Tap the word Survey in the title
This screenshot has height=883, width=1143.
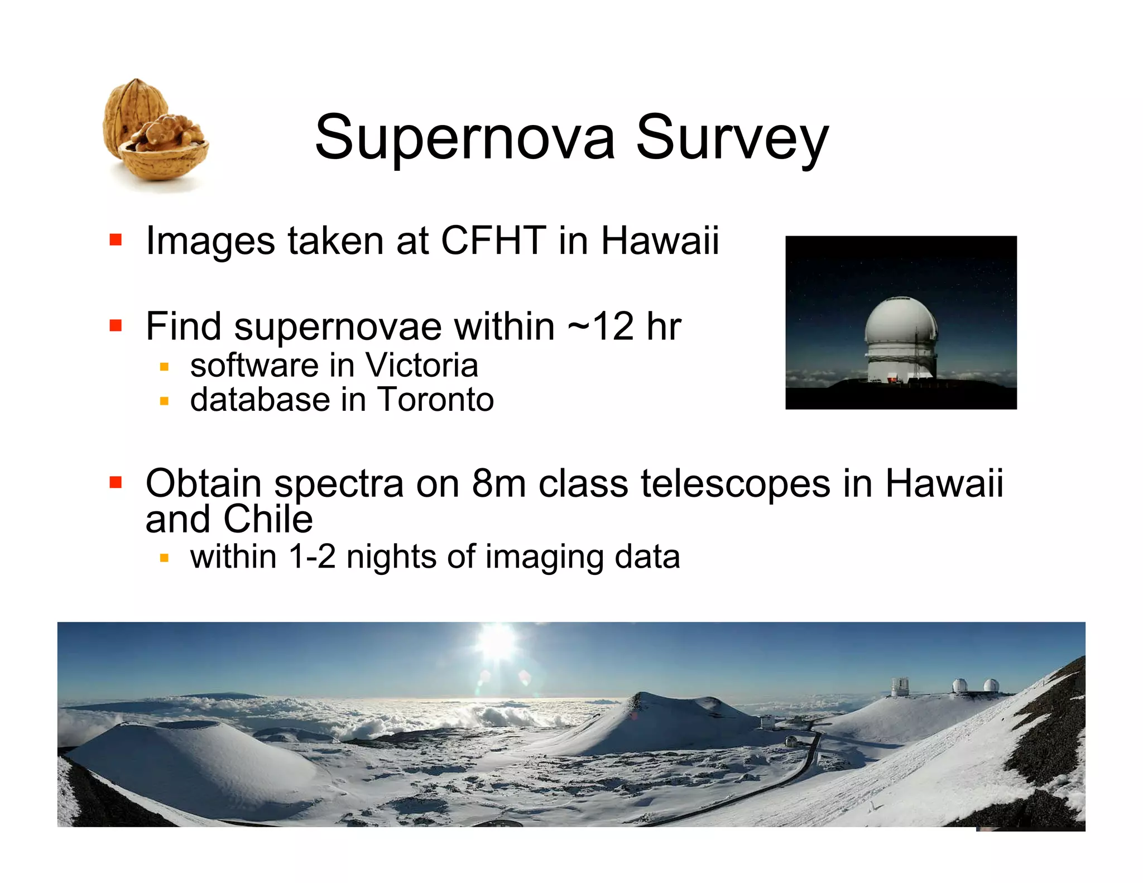tap(732, 139)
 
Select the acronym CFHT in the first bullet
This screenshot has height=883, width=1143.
tap(493, 241)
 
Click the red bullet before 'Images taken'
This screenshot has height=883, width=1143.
tap(116, 240)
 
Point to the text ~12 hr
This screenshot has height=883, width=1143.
tap(624, 327)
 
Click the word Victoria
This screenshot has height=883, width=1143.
tap(421, 366)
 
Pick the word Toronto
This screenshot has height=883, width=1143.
tap(435, 400)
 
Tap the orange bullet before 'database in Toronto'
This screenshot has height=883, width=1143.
tap(164, 401)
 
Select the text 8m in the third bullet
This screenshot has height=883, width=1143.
tap(498, 483)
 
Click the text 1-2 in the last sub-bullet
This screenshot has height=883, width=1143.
tap(312, 557)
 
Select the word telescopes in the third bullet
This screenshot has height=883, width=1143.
tap(735, 483)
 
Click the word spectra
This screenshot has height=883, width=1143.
tap(339, 484)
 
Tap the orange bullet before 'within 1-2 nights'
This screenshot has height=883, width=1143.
tap(164, 558)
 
